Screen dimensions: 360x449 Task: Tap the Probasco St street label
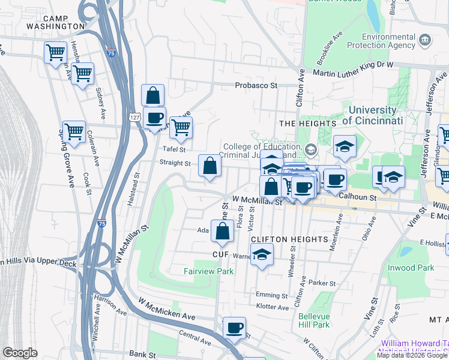[x=256, y=86]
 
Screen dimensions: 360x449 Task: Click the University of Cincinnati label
[x=372, y=115]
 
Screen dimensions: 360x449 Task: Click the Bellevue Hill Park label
[x=314, y=320]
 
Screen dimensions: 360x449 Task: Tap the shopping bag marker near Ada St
[x=222, y=231]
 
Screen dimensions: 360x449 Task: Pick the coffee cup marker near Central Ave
[x=234, y=328]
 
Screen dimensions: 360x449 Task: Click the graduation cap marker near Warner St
[x=262, y=255]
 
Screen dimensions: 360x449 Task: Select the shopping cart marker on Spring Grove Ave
[x=74, y=132]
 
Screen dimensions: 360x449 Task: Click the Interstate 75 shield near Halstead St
[x=103, y=223]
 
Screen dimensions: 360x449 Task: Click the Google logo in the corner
[x=20, y=353]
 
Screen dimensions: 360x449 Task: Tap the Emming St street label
[x=272, y=295]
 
